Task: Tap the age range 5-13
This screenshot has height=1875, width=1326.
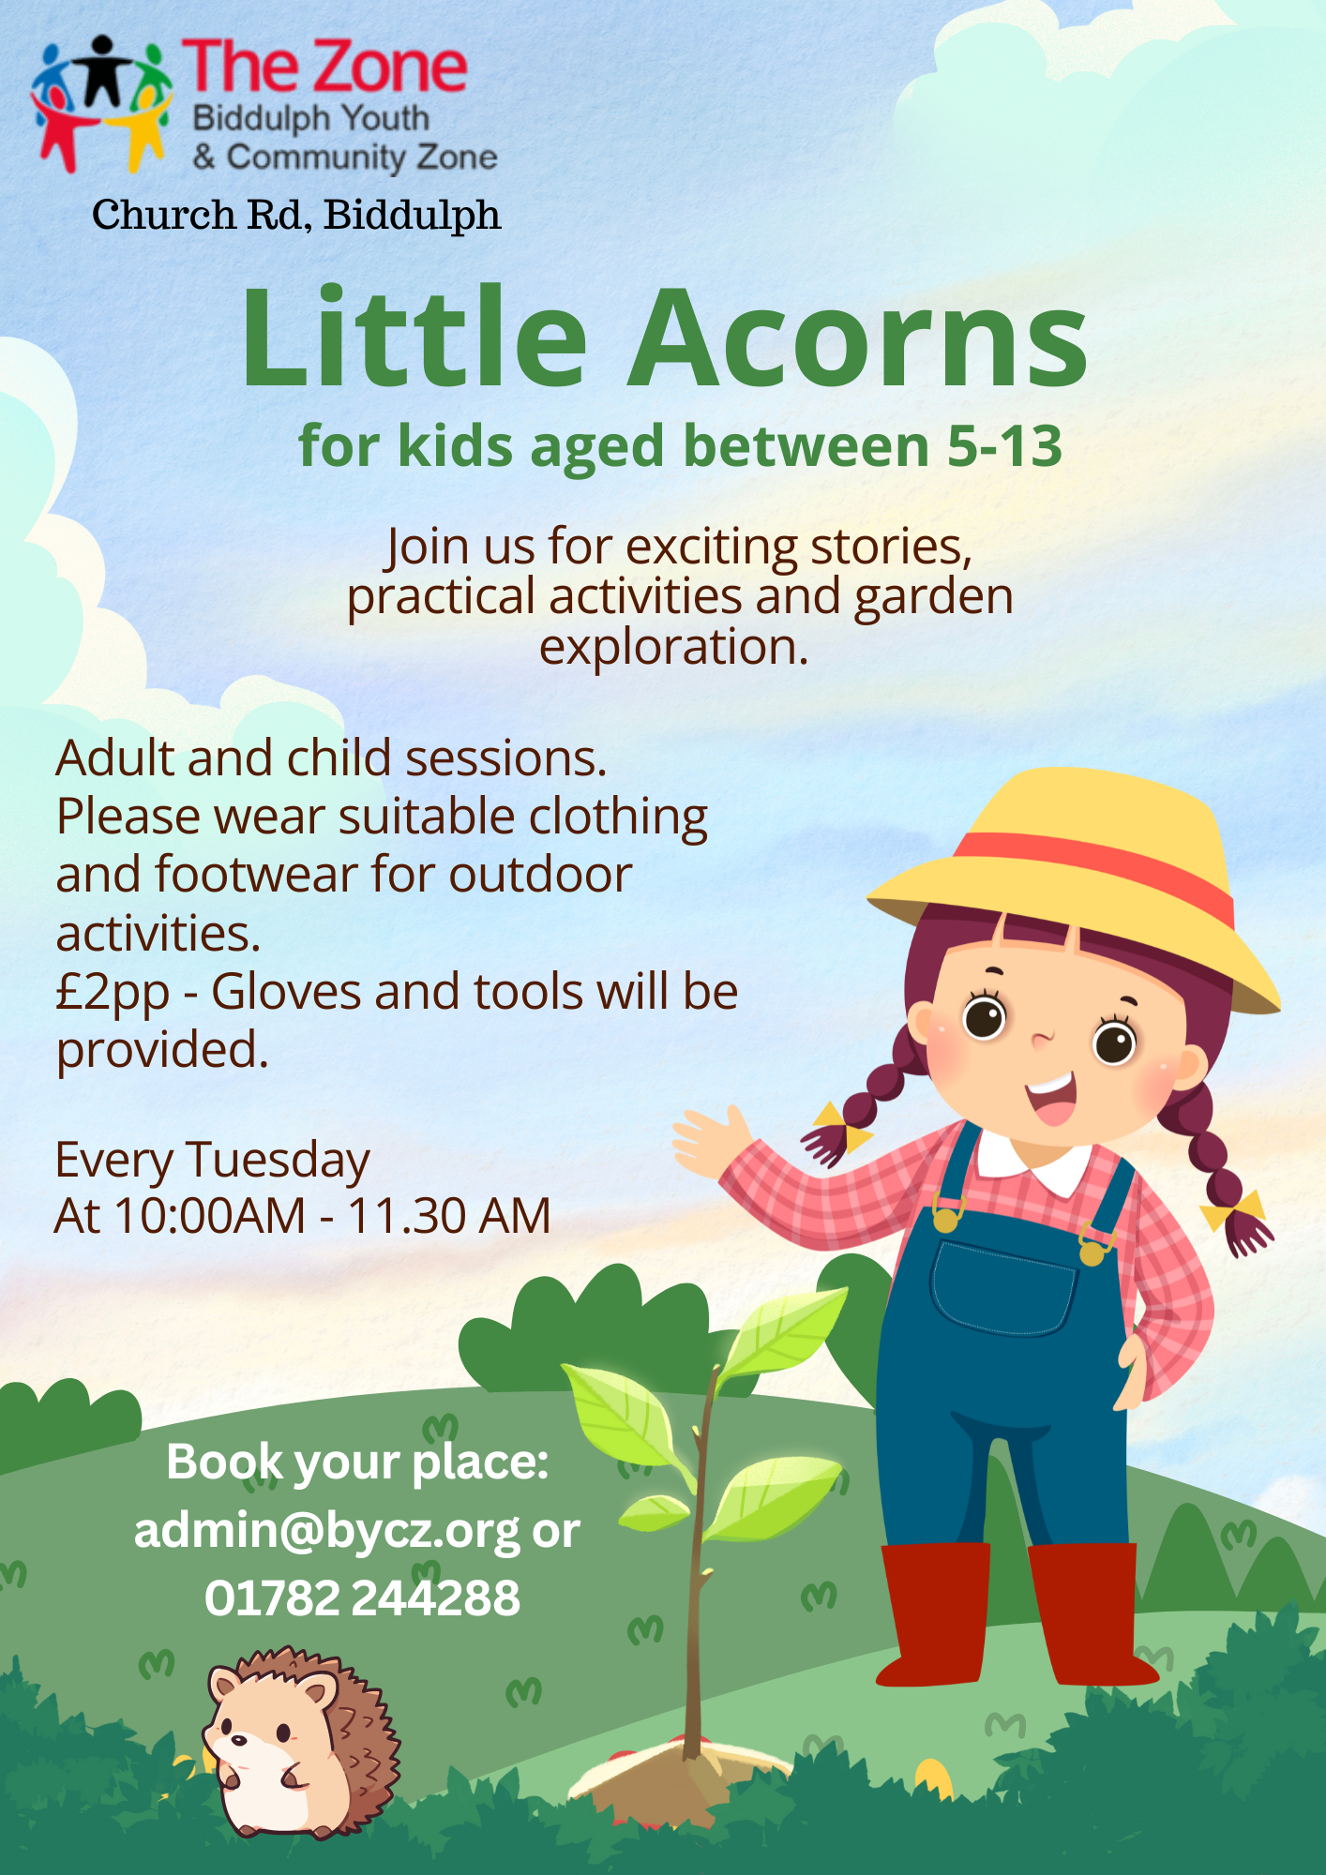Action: tap(1005, 446)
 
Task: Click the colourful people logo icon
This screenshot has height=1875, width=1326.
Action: tap(101, 103)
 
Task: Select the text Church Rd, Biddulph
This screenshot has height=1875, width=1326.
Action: tap(296, 215)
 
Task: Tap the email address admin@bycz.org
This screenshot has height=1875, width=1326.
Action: tap(326, 1532)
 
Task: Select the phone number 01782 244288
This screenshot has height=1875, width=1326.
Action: tap(362, 1598)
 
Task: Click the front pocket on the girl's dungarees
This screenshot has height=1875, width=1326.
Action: tap(1003, 1286)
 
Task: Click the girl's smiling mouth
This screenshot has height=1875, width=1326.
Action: tap(1051, 1097)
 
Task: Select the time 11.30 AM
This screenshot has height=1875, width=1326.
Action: tap(449, 1216)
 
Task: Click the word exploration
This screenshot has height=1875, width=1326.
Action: tap(673, 647)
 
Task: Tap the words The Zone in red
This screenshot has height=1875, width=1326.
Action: tap(324, 67)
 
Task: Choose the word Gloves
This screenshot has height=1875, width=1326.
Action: tap(286, 992)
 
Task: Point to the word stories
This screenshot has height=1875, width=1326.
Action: tap(891, 547)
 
